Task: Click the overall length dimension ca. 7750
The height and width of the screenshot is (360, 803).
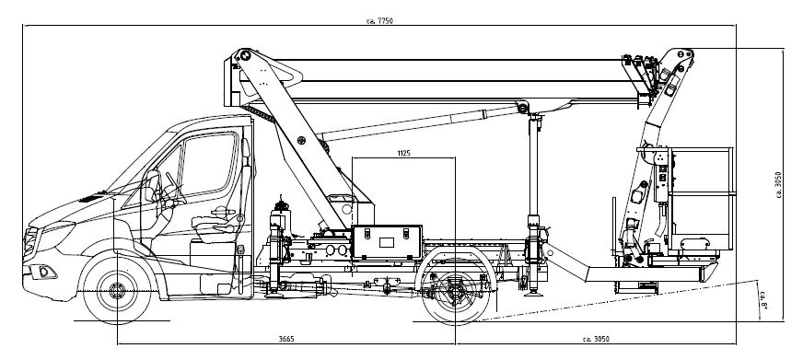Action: (379, 21)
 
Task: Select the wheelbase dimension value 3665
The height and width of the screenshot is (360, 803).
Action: (286, 339)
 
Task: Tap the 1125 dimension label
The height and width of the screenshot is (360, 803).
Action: (403, 153)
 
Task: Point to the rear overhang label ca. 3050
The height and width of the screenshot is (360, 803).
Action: (596, 339)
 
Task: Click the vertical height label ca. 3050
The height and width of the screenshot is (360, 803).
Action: (778, 184)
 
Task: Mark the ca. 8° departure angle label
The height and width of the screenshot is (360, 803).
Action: (762, 300)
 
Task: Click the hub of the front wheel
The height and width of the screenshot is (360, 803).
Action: (117, 290)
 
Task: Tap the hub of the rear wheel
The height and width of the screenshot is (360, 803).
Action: (455, 291)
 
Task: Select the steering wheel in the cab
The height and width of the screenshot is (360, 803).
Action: (175, 188)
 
